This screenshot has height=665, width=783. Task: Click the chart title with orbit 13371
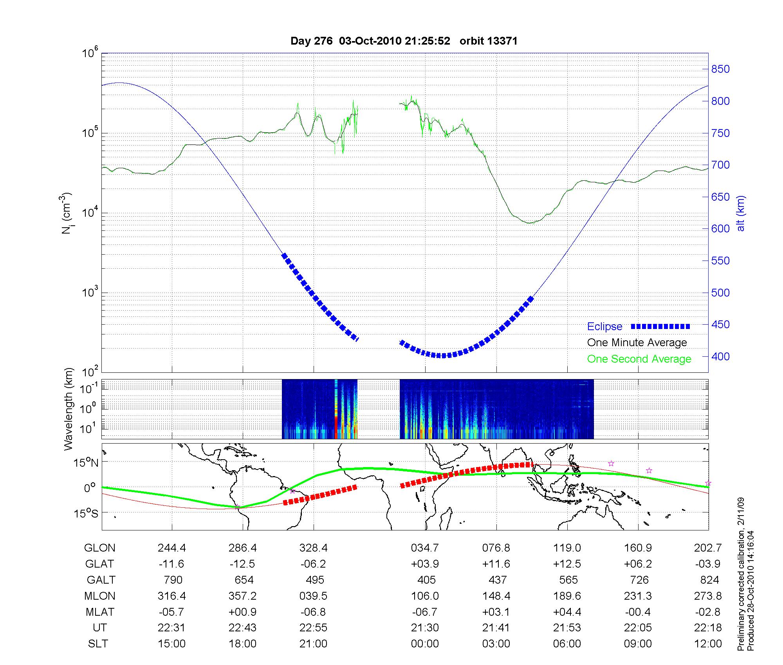(404, 41)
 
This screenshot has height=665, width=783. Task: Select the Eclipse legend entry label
(604, 327)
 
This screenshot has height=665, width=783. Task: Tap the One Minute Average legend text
(637, 343)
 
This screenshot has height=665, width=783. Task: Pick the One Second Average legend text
(639, 359)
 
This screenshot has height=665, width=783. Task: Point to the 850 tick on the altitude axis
(720, 69)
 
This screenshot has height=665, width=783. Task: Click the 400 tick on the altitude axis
(720, 357)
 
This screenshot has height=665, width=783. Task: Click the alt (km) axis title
(741, 213)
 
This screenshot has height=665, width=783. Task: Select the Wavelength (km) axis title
(69, 409)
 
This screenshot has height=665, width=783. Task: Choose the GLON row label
(99, 548)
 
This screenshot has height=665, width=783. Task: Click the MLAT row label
(100, 612)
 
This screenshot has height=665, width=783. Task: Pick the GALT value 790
(172, 580)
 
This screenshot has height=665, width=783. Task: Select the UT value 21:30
(425, 628)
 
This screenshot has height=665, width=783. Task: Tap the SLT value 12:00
(708, 644)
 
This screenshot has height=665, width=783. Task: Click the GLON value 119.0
(567, 548)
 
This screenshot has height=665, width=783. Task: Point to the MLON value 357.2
(242, 596)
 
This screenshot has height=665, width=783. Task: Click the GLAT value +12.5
(567, 564)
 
